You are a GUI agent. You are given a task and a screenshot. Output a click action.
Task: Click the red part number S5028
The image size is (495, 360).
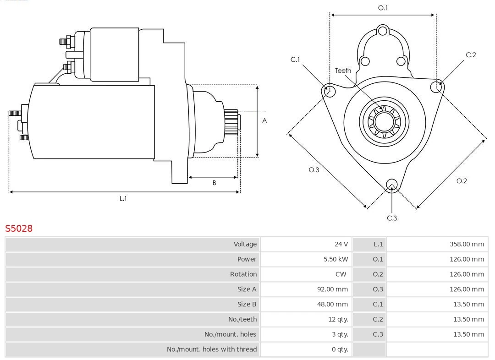click(x=19, y=228)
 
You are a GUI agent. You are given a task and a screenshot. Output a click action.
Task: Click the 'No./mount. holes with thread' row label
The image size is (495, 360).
click(x=212, y=349)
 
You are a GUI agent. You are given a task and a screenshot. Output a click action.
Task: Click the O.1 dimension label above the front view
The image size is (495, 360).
click(x=383, y=8)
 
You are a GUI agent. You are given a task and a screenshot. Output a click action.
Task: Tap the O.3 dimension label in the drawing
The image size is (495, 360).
click(x=313, y=170)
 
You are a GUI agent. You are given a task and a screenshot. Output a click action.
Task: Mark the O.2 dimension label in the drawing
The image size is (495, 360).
click(x=462, y=181)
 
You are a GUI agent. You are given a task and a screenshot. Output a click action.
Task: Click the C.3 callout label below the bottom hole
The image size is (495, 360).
click(x=391, y=218)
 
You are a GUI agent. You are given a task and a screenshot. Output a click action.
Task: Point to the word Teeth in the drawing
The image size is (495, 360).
click(x=343, y=71)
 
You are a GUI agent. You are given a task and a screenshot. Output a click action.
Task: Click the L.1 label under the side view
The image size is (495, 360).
click(x=123, y=198)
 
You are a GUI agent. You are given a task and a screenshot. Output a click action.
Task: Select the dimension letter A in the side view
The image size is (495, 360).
click(x=264, y=121)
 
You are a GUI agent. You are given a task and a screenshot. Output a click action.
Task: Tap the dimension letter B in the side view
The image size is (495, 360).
click(x=214, y=183)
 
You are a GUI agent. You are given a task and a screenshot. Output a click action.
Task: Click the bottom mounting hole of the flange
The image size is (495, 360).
click(x=391, y=185)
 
